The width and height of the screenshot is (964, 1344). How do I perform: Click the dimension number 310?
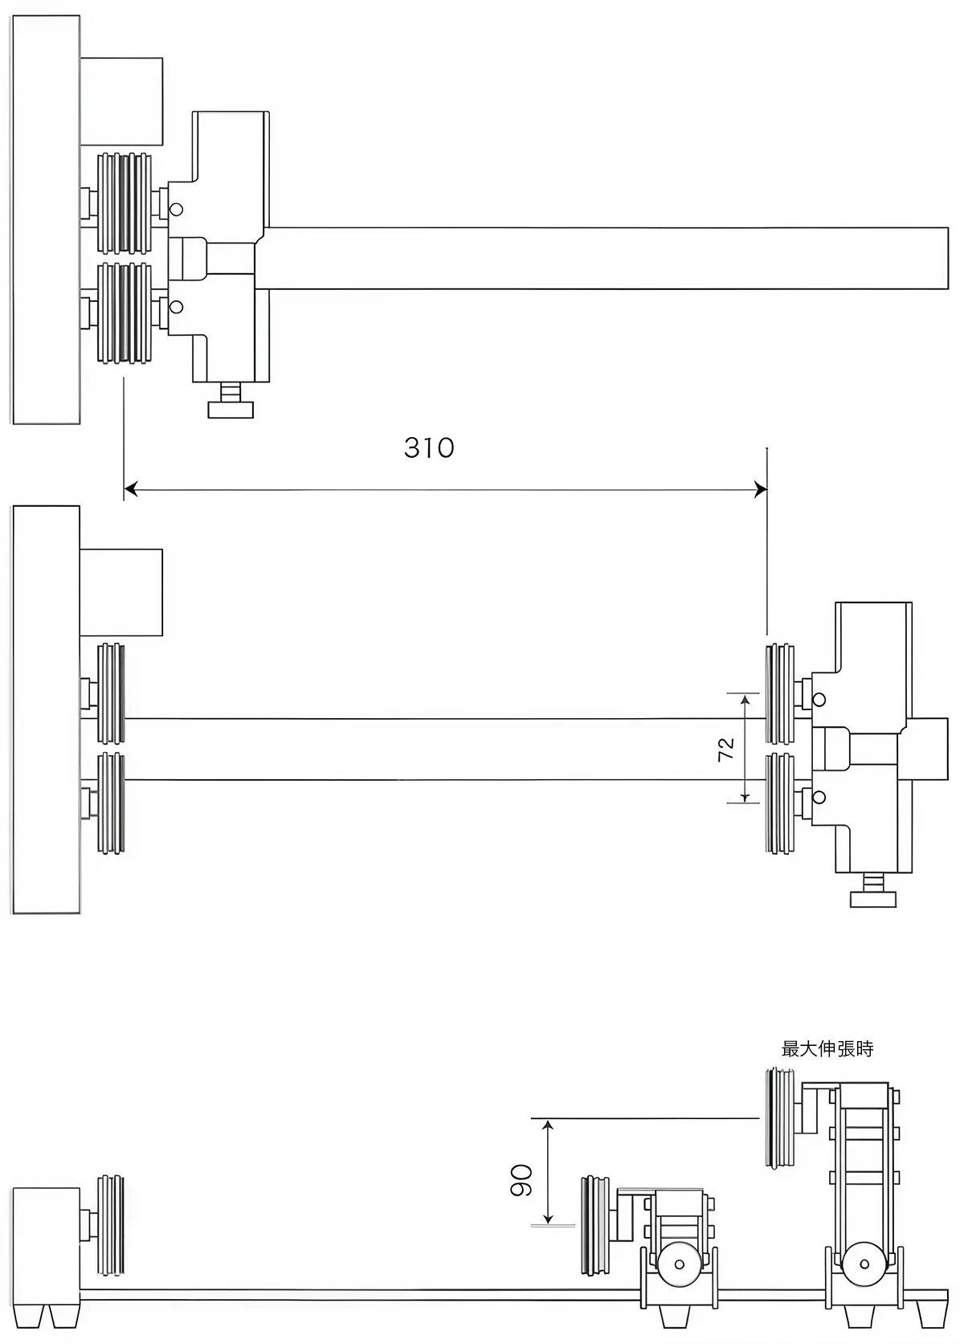point(429,447)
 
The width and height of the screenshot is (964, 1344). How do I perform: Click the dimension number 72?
point(725,749)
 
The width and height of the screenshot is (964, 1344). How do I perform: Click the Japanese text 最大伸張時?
point(827,1048)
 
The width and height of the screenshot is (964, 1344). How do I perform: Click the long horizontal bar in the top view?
point(602,258)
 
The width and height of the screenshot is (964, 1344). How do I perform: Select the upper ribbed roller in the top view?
point(124,202)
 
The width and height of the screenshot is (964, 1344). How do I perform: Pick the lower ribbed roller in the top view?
point(124,313)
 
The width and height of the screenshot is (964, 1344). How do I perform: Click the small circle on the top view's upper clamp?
point(177,210)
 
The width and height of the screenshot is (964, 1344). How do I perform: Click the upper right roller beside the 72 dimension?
point(780,693)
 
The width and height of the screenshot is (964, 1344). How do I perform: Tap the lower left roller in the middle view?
point(111,803)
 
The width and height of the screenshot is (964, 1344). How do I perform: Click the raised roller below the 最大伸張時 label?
point(778,1117)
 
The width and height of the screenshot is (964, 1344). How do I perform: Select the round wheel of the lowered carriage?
point(680,1264)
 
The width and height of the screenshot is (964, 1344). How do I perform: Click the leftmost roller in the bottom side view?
point(111,1224)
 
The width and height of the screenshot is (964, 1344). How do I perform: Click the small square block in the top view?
point(121,101)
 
